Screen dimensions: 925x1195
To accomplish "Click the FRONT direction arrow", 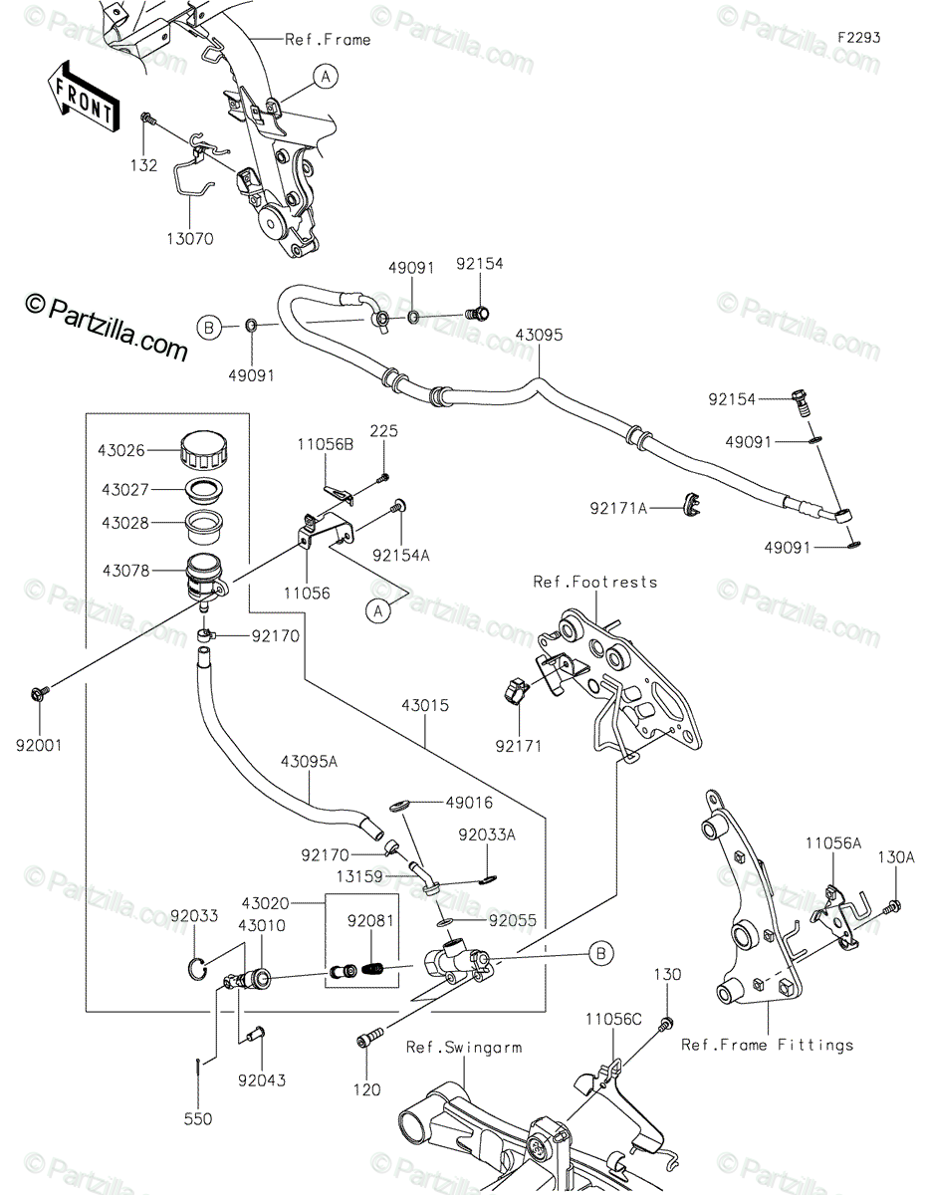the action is pos(83,98).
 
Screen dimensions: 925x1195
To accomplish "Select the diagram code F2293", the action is pos(858,38).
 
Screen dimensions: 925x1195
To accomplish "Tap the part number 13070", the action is pos(190,239).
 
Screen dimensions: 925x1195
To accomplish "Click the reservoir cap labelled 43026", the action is pos(204,451).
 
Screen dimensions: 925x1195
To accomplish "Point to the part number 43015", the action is pos(425,705).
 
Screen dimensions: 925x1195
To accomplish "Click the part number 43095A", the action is pos(309,762).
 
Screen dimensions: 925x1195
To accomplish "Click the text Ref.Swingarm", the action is pos(464,1047).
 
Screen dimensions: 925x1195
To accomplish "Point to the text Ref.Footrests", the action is pos(595,582).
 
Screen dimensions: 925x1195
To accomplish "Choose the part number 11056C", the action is pos(613,1019).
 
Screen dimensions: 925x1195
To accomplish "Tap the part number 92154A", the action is pos(401,556).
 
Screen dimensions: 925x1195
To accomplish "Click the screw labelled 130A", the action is pos(891,904).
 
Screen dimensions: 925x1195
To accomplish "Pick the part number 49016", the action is pos(469,803).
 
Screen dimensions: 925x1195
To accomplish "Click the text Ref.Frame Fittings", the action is pos(768,1045).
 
